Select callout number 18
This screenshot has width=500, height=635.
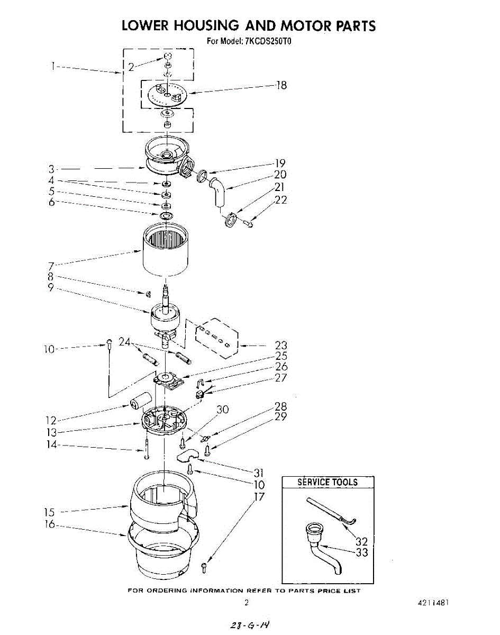pos(281,85)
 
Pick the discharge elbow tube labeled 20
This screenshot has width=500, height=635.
pos(217,192)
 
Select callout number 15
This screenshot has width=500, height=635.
pos(49,512)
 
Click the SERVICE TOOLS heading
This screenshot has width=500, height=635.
pos(328,482)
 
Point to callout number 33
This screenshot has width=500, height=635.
pos(362,553)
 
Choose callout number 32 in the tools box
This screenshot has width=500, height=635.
pos(362,541)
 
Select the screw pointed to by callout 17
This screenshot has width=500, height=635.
pos(205,567)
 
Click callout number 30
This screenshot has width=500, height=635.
pos(223,409)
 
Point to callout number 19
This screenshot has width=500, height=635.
pos(280,163)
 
